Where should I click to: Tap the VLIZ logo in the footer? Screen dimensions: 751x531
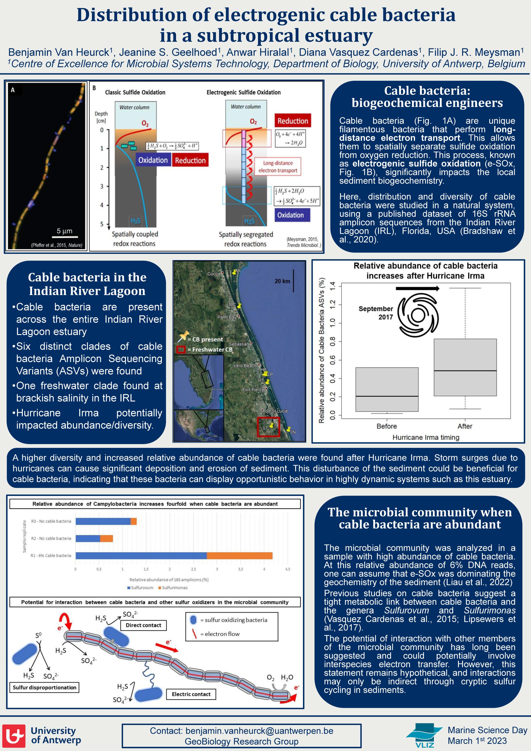click(424, 735)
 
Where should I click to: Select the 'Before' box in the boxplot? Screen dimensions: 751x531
click(387, 389)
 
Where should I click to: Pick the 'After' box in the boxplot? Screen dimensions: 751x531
click(465, 367)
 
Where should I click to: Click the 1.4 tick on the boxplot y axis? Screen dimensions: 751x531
click(333, 287)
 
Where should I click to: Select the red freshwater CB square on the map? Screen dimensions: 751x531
click(268, 427)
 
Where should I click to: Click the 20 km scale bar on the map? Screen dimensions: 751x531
click(293, 281)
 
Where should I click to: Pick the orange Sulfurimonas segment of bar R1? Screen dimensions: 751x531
click(240, 555)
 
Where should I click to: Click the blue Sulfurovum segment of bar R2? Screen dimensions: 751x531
click(88, 538)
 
